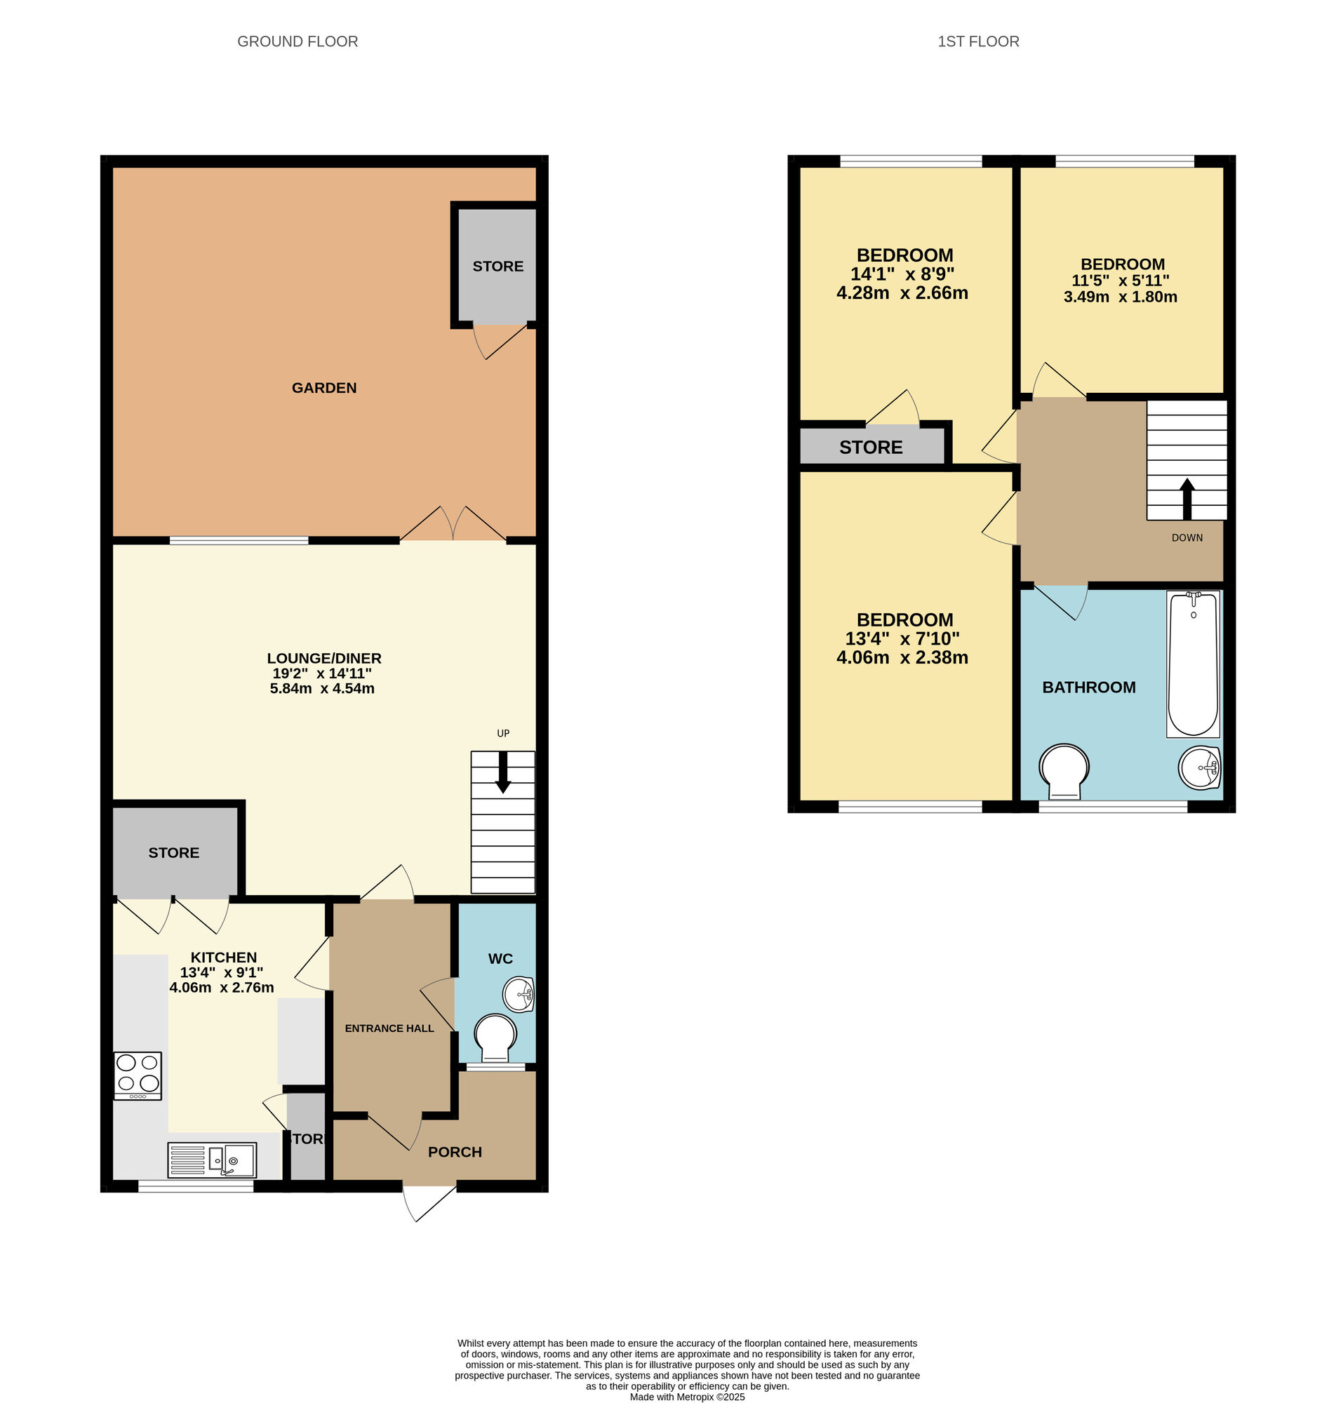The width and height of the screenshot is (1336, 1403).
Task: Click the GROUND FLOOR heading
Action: coord(298,42)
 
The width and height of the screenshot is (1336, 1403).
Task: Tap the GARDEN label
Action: coord(324,388)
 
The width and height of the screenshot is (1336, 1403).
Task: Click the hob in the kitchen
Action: coord(138,1075)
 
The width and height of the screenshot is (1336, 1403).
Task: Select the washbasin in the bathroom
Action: coord(1200,768)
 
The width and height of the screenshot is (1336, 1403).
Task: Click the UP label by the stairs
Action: coord(504,733)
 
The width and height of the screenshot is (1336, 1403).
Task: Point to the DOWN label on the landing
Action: coord(1187,538)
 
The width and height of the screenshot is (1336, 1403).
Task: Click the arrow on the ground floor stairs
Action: coord(503,773)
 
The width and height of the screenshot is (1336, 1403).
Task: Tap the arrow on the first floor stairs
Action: coord(1187,499)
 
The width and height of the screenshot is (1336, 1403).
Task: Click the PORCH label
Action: coord(455,1153)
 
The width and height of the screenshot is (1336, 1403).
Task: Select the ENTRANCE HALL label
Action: coord(389,1028)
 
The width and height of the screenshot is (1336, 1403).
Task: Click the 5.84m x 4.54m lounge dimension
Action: coord(322,688)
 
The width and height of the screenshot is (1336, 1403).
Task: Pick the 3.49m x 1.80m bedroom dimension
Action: coord(1120,297)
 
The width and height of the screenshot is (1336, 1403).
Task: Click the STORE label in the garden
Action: coord(497,267)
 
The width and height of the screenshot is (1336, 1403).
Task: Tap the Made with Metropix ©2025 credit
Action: coord(687,1397)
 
